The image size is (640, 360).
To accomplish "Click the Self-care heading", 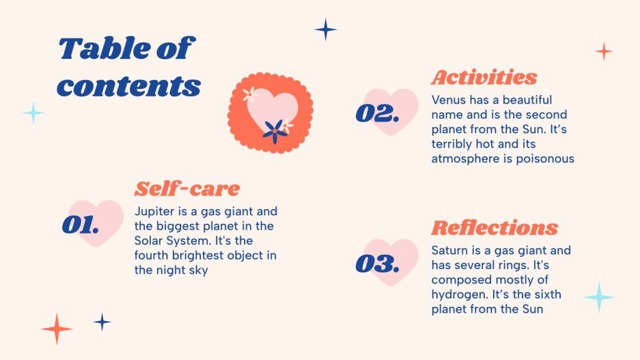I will point(187,189).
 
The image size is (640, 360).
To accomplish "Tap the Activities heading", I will point(484,77).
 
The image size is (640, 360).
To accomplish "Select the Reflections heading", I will point(495,227).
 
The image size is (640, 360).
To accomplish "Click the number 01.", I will point(81,225).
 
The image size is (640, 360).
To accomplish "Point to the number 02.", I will point(376,113).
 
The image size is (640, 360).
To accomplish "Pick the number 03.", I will point(376,264).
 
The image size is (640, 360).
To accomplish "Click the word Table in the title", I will point(104,49).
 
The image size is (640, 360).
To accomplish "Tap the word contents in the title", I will point(128,86).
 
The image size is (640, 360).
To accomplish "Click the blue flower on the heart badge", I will point(274,130).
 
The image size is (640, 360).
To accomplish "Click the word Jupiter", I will point(156,212).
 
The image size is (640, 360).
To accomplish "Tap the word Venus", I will point(449,100).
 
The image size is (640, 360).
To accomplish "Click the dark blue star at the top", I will point(326,29).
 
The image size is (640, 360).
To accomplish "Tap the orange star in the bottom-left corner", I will point(57,329).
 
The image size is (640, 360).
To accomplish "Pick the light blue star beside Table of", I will point(33,113).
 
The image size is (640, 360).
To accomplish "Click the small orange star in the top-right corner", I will point(604,51).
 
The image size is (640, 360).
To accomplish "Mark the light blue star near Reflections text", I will point(599,298).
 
